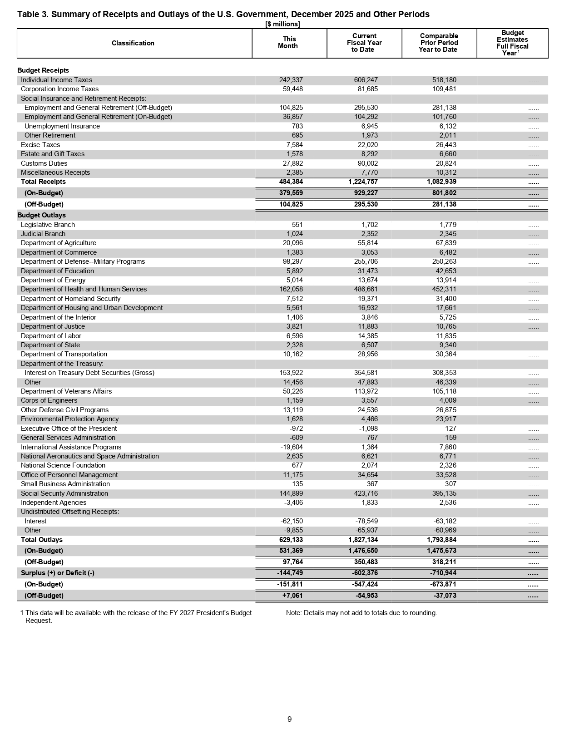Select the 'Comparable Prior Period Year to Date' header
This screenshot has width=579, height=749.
pos(439,43)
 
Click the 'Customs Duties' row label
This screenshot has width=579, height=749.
pos(44,163)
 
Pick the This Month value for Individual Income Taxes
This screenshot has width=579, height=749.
pos(291,80)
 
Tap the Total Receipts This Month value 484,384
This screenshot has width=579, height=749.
pos(291,182)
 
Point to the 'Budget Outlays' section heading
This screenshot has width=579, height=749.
pos(41,215)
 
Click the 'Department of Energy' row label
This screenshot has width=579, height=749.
pos(53,280)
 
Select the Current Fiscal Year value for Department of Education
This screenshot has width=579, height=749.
pos(366,271)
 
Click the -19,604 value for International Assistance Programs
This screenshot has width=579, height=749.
pos(292,447)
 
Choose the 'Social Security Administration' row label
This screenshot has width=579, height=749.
pos(64,493)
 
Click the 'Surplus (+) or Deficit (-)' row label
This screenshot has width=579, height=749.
pos(58,573)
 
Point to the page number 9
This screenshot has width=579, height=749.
pos(289,719)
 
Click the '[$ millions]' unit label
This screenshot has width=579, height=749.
pos(282,24)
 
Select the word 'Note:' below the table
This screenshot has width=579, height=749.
pos(294,613)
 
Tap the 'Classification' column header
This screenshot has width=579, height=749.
pos(133,43)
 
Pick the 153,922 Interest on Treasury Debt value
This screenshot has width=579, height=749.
pos(291,373)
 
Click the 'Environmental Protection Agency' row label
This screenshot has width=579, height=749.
pos(69,419)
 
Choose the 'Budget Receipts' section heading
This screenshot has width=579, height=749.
pos(43,70)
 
